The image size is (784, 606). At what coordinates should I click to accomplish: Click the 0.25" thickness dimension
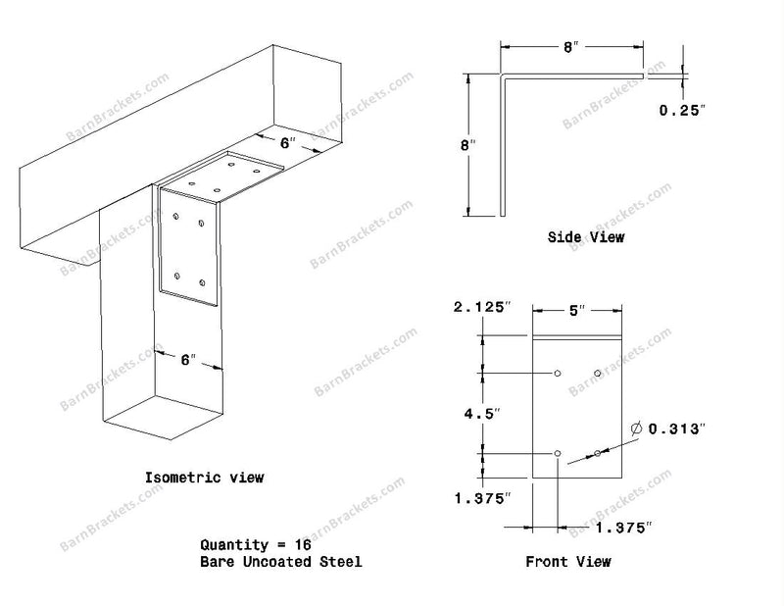[682, 110]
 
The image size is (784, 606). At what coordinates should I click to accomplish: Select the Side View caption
[585, 236]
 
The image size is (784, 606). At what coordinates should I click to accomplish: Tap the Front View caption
[568, 562]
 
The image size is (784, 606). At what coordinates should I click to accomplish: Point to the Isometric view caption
[204, 478]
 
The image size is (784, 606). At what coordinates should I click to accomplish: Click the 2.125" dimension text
[483, 307]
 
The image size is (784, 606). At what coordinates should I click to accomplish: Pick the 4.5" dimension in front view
[482, 414]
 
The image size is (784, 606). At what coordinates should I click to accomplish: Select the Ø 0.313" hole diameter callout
[668, 429]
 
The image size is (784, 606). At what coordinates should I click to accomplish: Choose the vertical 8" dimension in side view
[468, 145]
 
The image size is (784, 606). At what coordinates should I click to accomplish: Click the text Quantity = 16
[256, 544]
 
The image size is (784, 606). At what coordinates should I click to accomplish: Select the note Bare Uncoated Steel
[281, 562]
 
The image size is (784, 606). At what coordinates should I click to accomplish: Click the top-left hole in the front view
[558, 374]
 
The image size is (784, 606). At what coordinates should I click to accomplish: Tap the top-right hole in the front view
[598, 374]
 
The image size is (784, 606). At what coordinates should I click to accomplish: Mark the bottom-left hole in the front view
[558, 453]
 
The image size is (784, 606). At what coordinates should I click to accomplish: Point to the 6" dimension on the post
[188, 359]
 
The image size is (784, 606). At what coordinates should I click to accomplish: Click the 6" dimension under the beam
[287, 143]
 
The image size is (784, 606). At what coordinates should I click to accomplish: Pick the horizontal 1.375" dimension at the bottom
[624, 527]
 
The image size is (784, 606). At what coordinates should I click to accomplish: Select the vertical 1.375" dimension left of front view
[483, 498]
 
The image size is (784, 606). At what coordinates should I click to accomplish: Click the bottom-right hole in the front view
[598, 453]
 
